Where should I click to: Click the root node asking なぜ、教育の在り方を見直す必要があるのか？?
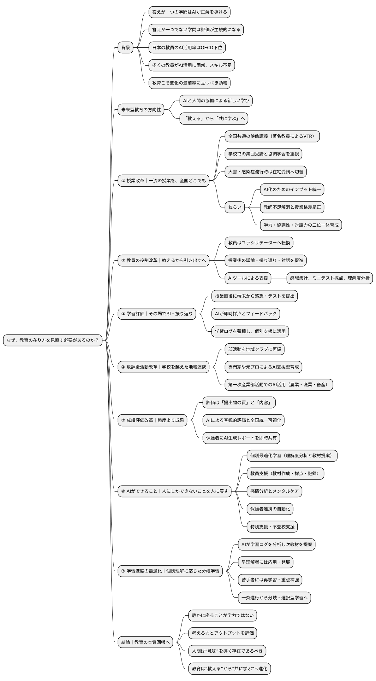(53, 340)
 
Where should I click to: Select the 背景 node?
(125, 48)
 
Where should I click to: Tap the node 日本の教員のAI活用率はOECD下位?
(187, 48)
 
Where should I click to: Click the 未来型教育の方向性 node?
(141, 110)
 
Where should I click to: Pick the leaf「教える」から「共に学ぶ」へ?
(214, 119)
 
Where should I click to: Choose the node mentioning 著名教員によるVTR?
(272, 136)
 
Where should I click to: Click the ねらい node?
(235, 207)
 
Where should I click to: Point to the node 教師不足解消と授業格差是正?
(292, 207)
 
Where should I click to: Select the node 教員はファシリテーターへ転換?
(259, 242)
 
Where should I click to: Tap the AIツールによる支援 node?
(248, 278)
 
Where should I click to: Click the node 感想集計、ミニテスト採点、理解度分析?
(330, 278)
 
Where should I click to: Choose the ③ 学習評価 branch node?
(157, 314)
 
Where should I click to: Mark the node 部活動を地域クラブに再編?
(254, 349)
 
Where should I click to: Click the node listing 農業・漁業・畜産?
(278, 385)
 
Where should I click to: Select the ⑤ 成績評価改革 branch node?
(152, 420)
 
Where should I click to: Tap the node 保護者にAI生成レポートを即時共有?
(241, 438)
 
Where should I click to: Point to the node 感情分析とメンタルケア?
(274, 491)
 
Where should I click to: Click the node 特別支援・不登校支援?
(272, 527)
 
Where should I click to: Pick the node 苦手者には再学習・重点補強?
(270, 579)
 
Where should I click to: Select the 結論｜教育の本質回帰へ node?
(146, 642)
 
